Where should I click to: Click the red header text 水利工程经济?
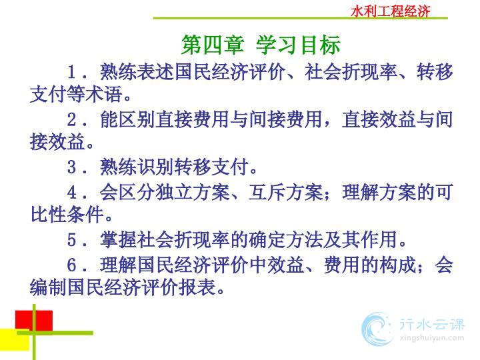click(x=390, y=11)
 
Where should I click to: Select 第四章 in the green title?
click(x=213, y=45)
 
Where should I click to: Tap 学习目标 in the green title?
click(x=298, y=45)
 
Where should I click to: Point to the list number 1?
click(x=71, y=72)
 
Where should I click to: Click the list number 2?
click(x=71, y=119)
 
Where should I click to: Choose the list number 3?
click(x=71, y=167)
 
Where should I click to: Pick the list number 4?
click(x=71, y=193)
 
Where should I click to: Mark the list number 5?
click(x=71, y=240)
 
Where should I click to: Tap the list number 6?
click(x=71, y=265)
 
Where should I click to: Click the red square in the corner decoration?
click(x=34, y=321)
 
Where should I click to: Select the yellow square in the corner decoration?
click(x=15, y=339)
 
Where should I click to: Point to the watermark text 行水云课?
click(x=431, y=325)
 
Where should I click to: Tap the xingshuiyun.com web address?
click(x=431, y=338)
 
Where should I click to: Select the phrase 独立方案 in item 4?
click(x=192, y=193)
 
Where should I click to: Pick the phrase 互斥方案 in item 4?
click(x=285, y=193)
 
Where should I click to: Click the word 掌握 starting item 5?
click(x=118, y=240)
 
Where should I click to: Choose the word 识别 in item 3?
click(x=155, y=167)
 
